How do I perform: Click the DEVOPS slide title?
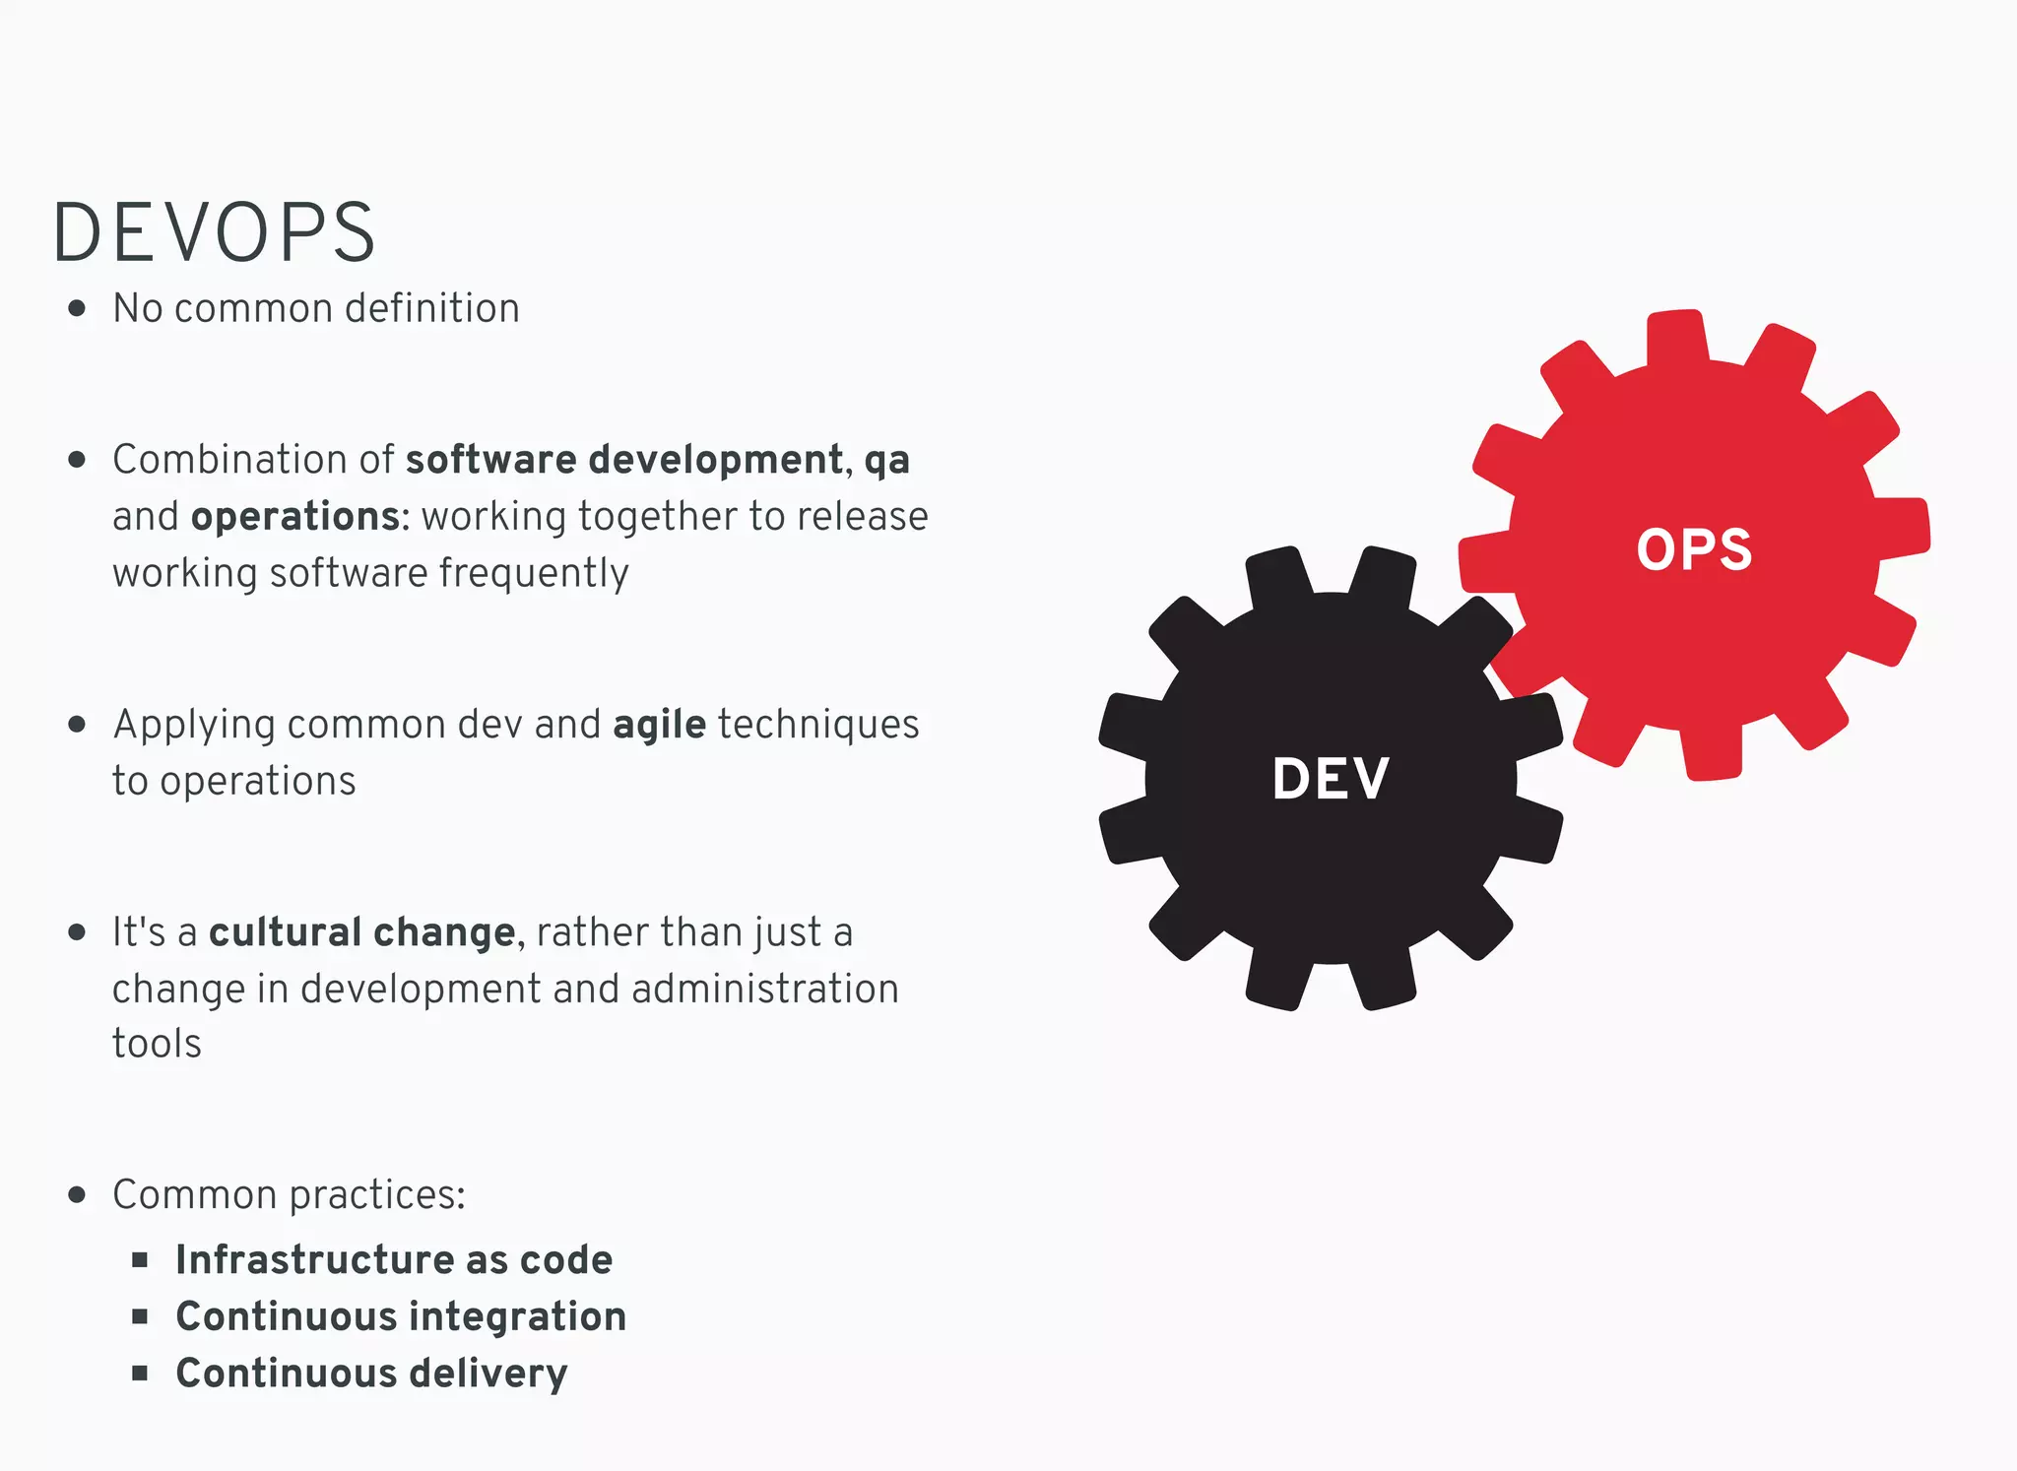(x=214, y=233)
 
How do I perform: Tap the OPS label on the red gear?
(x=1694, y=549)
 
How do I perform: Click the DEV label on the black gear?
(x=1331, y=779)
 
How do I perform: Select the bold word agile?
(x=659, y=726)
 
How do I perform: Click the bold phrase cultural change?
(x=361, y=932)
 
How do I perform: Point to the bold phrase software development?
(x=624, y=460)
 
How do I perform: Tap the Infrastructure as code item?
(x=394, y=1260)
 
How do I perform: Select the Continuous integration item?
(x=401, y=1316)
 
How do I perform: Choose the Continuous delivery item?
(x=371, y=1374)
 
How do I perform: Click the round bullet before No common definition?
(x=77, y=309)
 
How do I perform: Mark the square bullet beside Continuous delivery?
(x=140, y=1373)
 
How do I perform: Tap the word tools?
(x=157, y=1044)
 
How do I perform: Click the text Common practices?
(x=289, y=1195)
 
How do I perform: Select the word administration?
(x=765, y=989)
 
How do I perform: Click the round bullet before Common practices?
(x=77, y=1195)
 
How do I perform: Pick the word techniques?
(x=818, y=726)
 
